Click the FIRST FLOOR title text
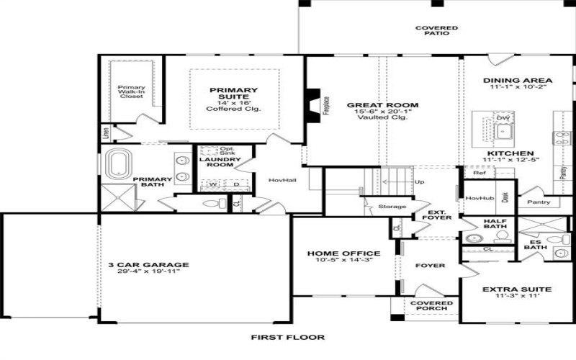coord(287,337)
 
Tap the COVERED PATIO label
coord(436,30)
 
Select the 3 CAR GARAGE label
coord(144,264)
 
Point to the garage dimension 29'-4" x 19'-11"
coord(144,271)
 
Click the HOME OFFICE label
coord(343,253)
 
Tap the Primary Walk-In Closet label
coord(131,91)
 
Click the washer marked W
coord(212,184)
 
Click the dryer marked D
coord(235,184)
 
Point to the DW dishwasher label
coord(503,117)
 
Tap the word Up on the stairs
coord(420,181)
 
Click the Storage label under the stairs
coord(392,207)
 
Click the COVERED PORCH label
coord(431,307)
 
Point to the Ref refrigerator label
coord(480,173)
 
